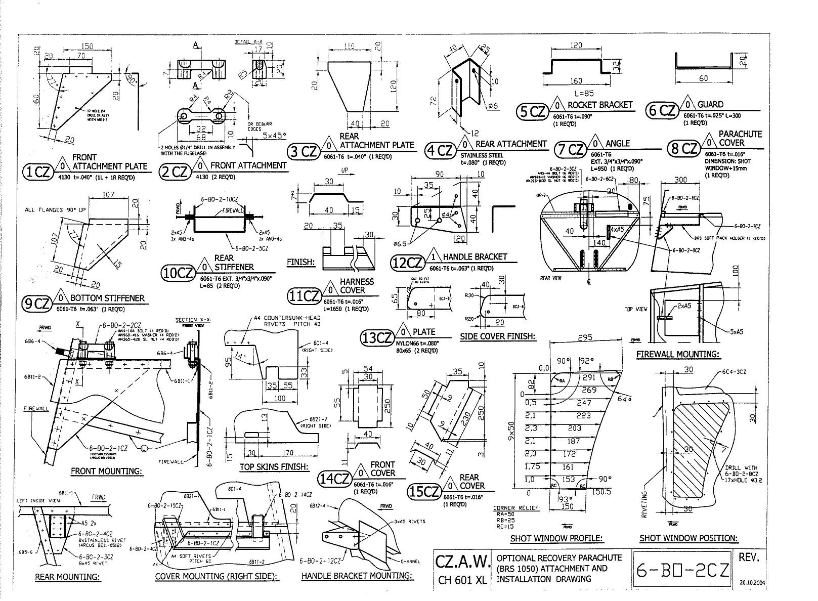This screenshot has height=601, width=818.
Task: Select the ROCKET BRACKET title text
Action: tap(600, 105)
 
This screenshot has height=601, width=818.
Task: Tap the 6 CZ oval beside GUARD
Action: tap(661, 111)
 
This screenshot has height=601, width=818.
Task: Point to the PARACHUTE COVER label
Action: tap(740, 138)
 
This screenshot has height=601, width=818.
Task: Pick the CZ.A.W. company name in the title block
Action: tap(462, 561)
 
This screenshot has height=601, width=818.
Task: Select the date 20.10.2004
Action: tap(752, 582)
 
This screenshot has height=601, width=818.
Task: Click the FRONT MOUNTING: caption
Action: tap(106, 471)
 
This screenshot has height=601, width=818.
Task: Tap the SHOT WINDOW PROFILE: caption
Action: tap(556, 538)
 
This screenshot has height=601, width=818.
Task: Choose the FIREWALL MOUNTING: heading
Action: tap(677, 354)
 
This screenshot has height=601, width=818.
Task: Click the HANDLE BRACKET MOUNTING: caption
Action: tap(357, 576)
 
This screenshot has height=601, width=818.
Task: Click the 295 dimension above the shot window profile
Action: tap(584, 338)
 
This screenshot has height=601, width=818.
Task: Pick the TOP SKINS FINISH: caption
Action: tap(274, 466)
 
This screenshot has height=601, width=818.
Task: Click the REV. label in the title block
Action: tap(750, 557)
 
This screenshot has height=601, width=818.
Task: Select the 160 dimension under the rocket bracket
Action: tap(576, 80)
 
